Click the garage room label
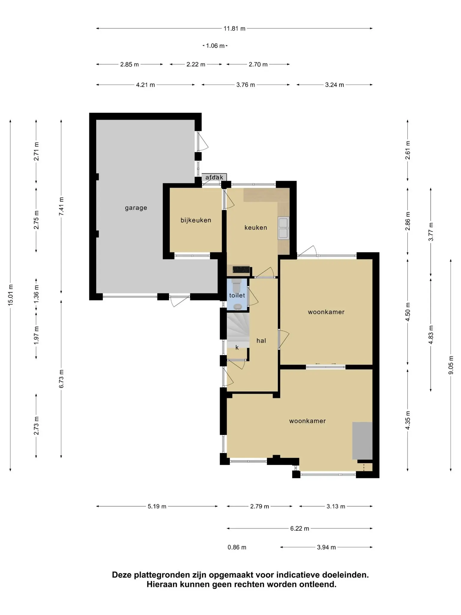136,208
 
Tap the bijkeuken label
196,220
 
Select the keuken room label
256,228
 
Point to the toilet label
237,295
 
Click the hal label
261,341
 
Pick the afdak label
214,177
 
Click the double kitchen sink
283,228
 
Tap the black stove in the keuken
241,269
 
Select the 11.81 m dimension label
234,29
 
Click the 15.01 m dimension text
11,295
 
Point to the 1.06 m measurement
215,46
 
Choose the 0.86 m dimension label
237,547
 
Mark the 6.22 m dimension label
300,529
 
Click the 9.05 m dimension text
451,365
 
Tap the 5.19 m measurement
157,506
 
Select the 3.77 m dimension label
431,232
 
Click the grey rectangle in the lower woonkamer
362,441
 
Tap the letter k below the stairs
237,347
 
